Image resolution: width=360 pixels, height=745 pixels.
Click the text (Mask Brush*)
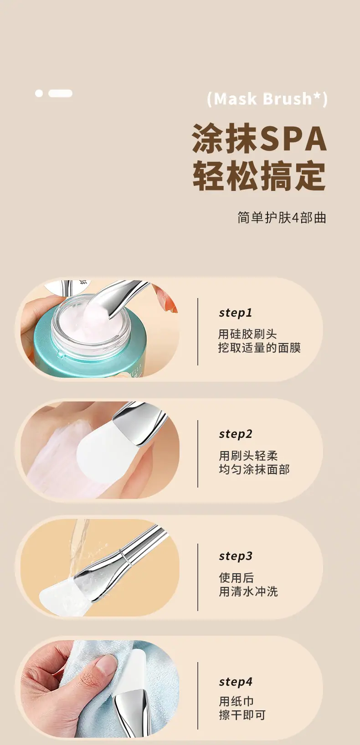pos(267,99)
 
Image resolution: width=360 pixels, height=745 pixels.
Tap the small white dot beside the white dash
pos(39,93)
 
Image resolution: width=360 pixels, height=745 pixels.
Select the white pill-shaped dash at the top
pos(60,93)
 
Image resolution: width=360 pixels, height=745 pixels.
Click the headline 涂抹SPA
pos(259,139)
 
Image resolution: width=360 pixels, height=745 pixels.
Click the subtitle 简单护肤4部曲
pos(282,217)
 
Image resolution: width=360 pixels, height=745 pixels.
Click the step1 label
pos(236,313)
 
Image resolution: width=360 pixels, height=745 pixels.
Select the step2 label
pos(236,434)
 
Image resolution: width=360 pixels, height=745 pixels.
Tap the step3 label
pos(236,556)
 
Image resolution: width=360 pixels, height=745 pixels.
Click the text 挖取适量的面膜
pos(260,348)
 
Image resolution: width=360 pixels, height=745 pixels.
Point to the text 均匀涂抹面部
pos(254,469)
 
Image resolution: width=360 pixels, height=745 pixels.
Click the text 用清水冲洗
pos(248,592)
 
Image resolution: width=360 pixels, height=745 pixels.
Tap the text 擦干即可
pos(242,715)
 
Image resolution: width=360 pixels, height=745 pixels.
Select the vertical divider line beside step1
pos(198,332)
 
